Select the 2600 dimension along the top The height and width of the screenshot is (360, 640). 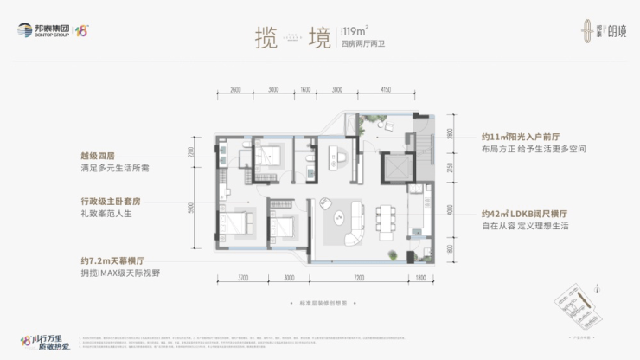[235, 89]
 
